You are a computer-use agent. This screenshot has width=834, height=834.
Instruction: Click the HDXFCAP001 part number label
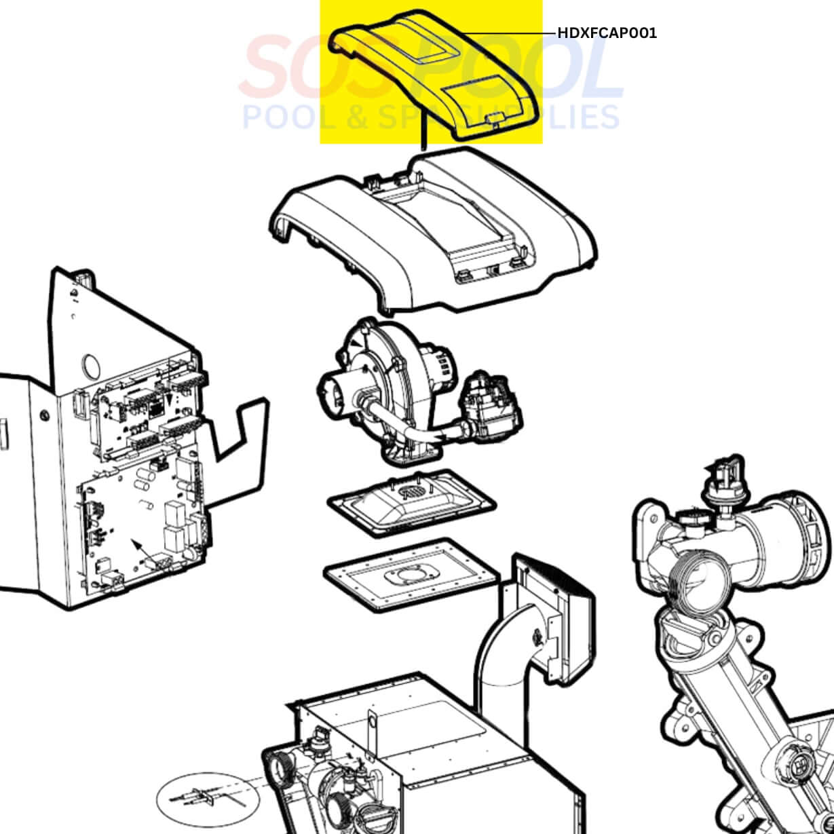coord(607,33)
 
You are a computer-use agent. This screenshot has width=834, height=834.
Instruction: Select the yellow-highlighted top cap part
coord(434,75)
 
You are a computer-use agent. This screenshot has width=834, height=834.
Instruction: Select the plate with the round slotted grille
coord(411,502)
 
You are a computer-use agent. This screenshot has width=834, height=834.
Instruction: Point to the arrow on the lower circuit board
coord(137,545)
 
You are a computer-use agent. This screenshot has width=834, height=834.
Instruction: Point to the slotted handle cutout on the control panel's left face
coord(3,434)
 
